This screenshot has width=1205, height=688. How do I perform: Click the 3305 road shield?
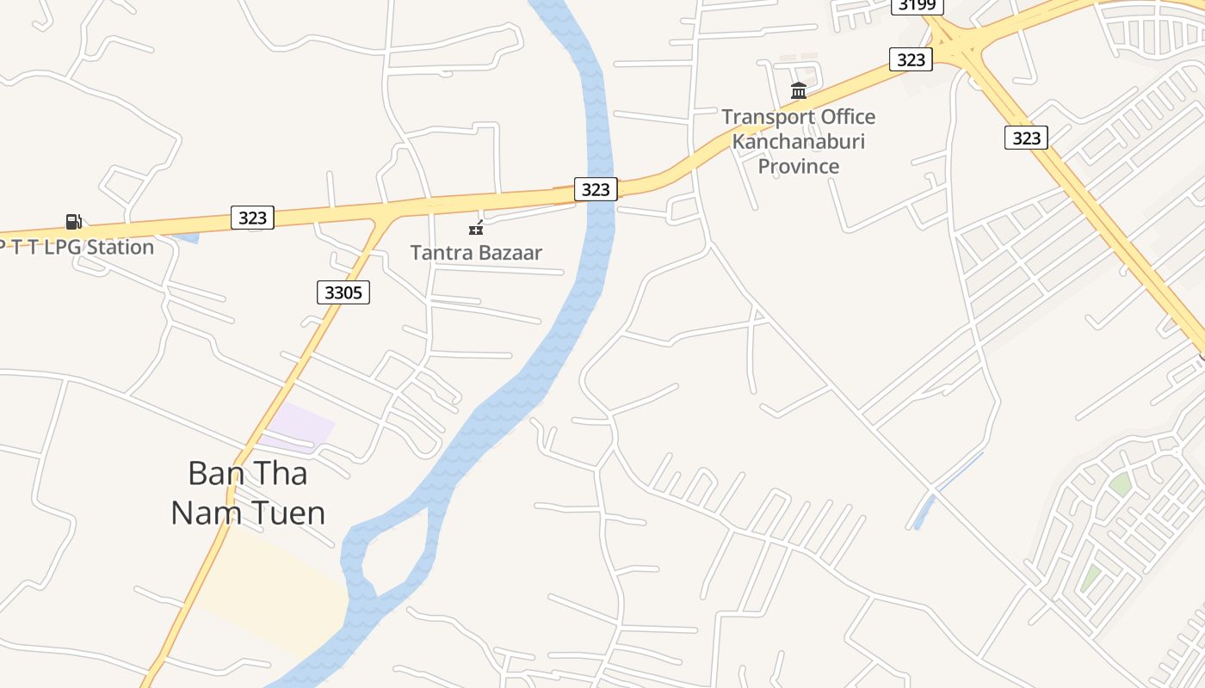tap(343, 292)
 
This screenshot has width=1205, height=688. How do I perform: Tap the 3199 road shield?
tap(917, 6)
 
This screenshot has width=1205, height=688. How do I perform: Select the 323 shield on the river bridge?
tap(596, 189)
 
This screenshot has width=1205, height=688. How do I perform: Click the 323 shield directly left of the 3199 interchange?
tap(911, 59)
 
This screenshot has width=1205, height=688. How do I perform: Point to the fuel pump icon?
tap(74, 222)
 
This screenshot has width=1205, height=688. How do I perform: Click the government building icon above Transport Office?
tap(799, 90)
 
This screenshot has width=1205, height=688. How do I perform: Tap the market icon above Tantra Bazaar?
tap(476, 228)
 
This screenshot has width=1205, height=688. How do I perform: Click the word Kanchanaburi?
tap(798, 141)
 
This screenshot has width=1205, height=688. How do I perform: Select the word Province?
tap(798, 165)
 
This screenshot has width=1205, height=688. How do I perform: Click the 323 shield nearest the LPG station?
tap(252, 218)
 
